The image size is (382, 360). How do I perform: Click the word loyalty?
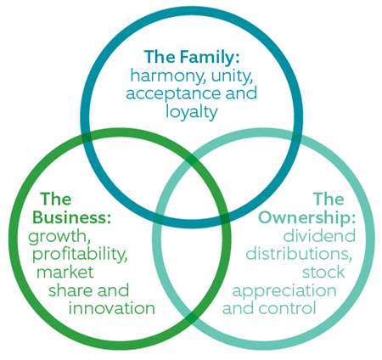click(x=191, y=111)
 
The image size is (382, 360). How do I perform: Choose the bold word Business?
click(x=71, y=217)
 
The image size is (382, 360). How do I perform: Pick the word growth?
click(x=59, y=237)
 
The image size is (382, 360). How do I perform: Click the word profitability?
click(x=80, y=254)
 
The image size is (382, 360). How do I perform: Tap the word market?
click(x=65, y=272)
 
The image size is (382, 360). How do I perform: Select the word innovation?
click(x=112, y=308)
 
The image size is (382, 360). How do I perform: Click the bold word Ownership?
click(x=306, y=217)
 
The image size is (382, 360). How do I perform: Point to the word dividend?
click(x=319, y=235)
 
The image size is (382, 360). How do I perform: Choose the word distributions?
click(x=299, y=254)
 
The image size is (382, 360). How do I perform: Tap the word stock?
click(x=323, y=272)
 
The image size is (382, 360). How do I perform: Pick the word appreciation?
click(x=284, y=291)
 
